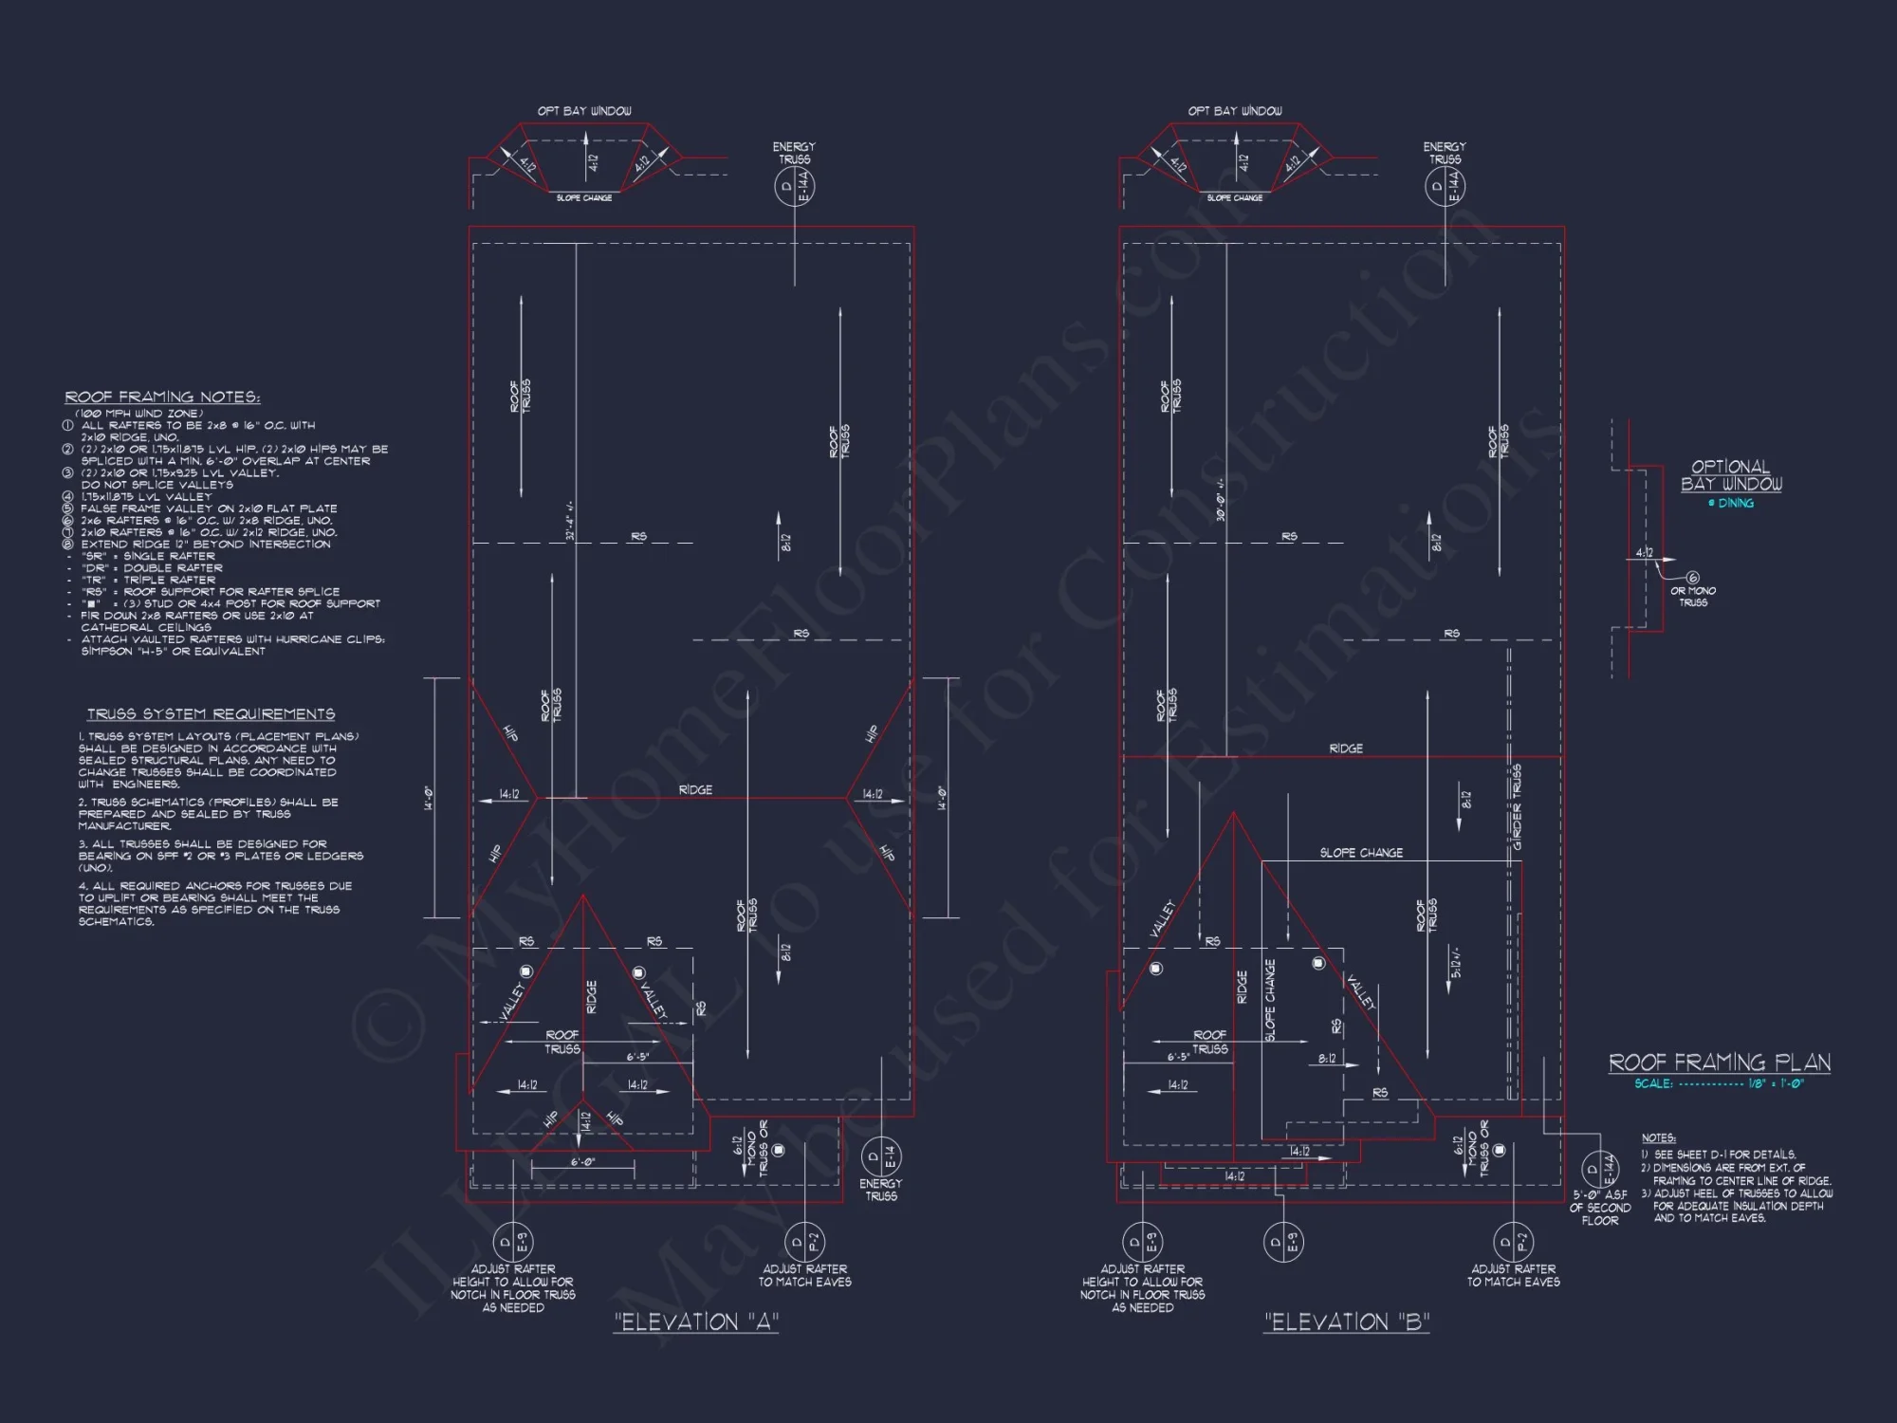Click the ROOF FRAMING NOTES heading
162,397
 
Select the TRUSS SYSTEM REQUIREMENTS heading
211,714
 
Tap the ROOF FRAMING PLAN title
1720,1063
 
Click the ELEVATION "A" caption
696,1322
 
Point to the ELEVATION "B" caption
1347,1322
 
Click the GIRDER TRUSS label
1516,806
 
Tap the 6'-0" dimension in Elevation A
582,1162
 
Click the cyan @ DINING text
1731,504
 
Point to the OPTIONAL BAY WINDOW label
1731,475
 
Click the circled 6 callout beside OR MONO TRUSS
1693,577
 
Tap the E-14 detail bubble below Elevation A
881,1156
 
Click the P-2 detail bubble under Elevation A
803,1241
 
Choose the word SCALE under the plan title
1653,1083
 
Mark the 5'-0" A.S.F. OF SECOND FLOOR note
1599,1208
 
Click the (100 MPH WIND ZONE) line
138,414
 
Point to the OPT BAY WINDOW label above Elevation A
584,111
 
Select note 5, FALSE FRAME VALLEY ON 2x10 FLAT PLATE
209,508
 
